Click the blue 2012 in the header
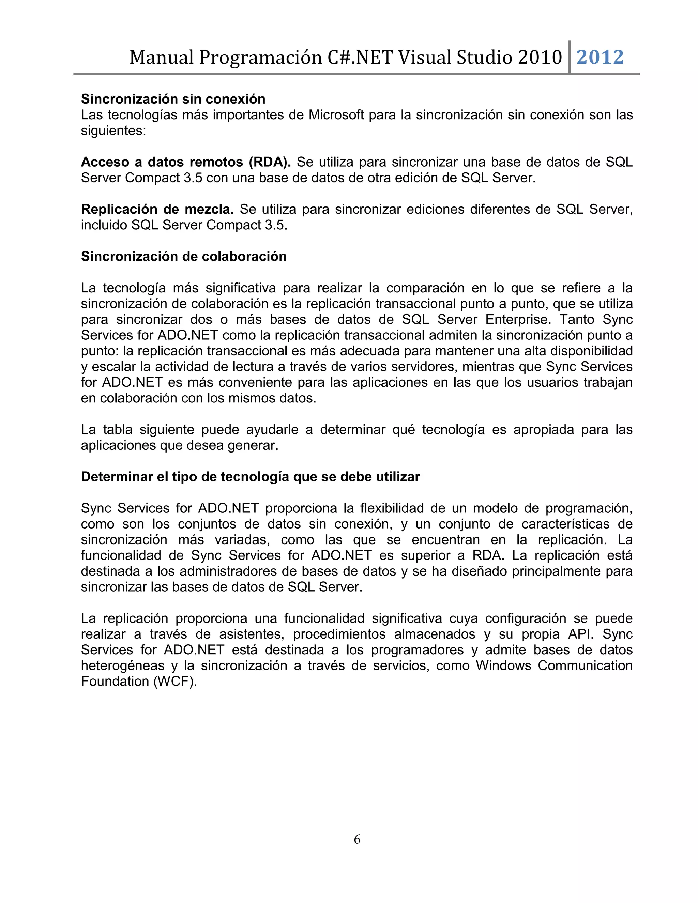click(600, 58)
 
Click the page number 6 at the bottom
click(357, 839)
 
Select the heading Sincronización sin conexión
click(173, 99)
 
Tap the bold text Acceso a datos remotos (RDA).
click(186, 162)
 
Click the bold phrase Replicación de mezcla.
click(157, 210)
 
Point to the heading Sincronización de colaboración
click(184, 257)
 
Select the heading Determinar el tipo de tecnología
click(250, 477)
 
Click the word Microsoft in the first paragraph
click(336, 115)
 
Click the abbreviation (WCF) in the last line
click(175, 682)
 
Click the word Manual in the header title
click(161, 58)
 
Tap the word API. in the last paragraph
click(581, 634)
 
